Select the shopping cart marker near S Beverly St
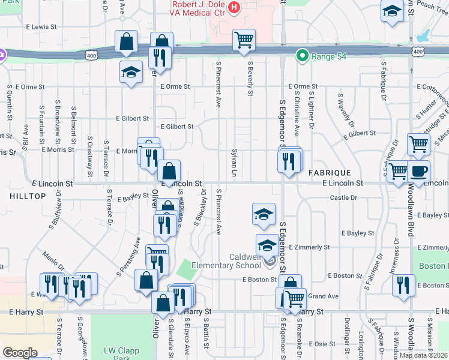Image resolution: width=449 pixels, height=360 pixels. tap(244, 40)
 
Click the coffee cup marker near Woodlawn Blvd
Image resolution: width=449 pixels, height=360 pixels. tap(419, 171)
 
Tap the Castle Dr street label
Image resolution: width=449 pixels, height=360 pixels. tap(343, 197)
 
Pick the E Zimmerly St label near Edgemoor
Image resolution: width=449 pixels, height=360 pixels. tap(309, 247)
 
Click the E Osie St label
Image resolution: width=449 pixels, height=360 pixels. tap(324, 344)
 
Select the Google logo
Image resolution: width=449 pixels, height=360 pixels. tap(20, 353)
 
